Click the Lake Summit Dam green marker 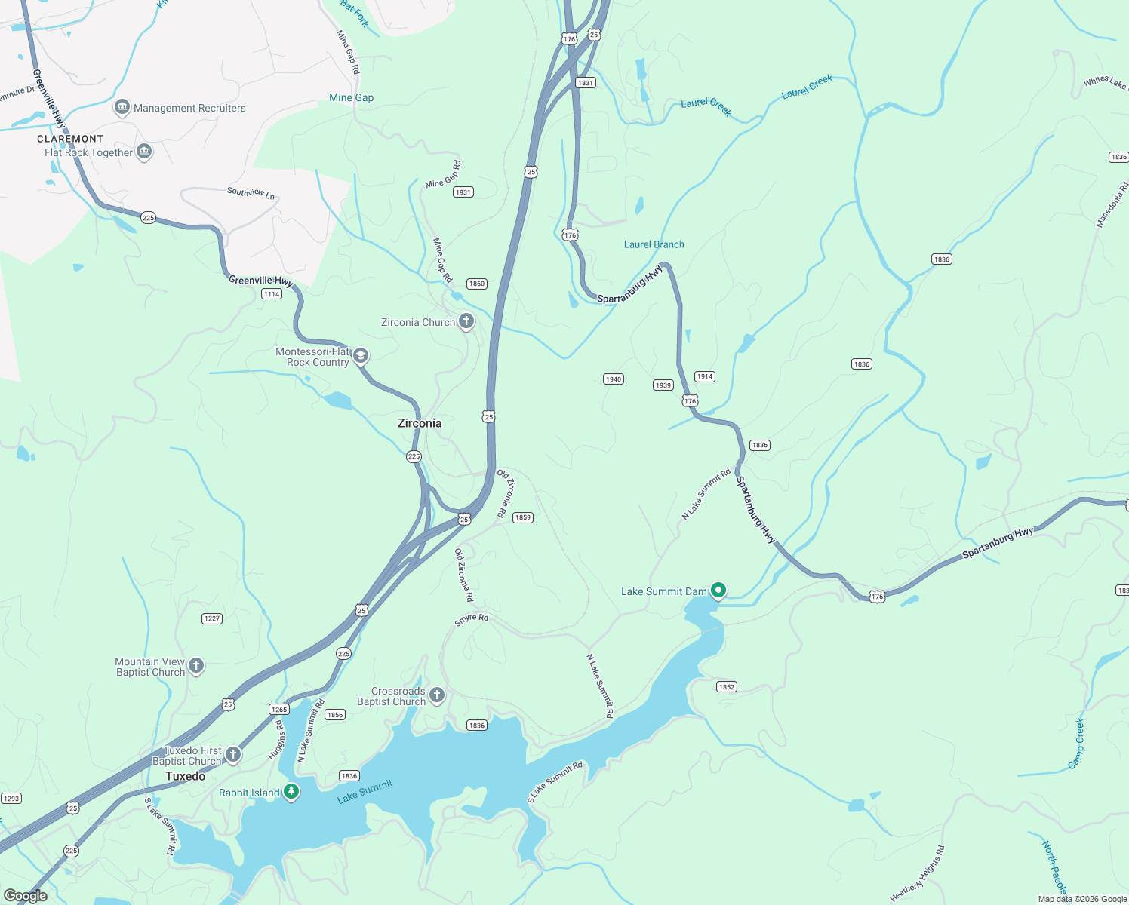(718, 590)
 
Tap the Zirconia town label (420, 423)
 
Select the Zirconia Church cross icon (466, 322)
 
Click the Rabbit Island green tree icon (291, 792)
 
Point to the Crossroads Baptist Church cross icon (436, 694)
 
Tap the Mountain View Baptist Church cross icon (196, 665)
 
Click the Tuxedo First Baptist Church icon (233, 754)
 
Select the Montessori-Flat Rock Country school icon (361, 356)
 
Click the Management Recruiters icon (122, 108)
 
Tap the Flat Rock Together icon (144, 152)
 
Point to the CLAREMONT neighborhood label (70, 139)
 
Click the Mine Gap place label (351, 97)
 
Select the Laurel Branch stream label (654, 244)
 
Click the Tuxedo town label (185, 776)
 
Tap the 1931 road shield (463, 192)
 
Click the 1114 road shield (272, 294)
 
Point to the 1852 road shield (726, 687)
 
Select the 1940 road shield (614, 379)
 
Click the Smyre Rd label (472, 619)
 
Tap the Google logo (26, 896)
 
